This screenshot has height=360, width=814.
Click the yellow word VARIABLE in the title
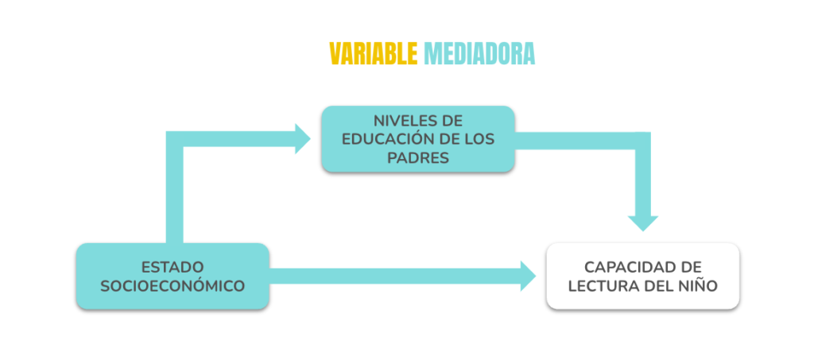pyautogui.click(x=374, y=53)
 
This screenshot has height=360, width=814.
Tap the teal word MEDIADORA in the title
pyautogui.click(x=479, y=53)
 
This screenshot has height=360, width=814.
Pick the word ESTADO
pyautogui.click(x=172, y=268)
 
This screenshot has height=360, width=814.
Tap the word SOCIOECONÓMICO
pyautogui.click(x=172, y=286)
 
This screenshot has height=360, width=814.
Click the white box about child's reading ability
pyautogui.click(x=642, y=276)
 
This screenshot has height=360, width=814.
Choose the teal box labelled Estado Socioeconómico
pyautogui.click(x=172, y=276)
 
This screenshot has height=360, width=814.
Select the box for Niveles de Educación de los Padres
pyautogui.click(x=418, y=139)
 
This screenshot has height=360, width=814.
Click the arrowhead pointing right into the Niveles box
pyautogui.click(x=302, y=139)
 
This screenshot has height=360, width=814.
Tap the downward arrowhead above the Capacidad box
pyautogui.click(x=642, y=223)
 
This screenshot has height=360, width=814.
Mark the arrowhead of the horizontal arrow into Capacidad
pyautogui.click(x=528, y=276)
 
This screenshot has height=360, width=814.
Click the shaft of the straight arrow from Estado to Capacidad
pyautogui.click(x=395, y=276)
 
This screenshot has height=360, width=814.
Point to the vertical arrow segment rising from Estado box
pyautogui.click(x=174, y=188)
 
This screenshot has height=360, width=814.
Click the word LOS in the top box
pyautogui.click(x=480, y=140)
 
